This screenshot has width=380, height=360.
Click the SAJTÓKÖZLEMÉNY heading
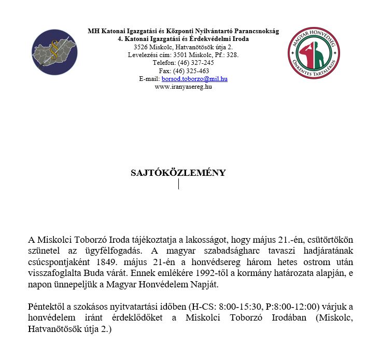[x=178, y=173]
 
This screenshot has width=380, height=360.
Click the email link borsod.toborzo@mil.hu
[x=194, y=79]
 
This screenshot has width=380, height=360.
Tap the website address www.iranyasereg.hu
[x=183, y=87]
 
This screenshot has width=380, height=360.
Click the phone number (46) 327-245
[x=196, y=63]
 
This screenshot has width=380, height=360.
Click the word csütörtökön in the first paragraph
[x=329, y=240]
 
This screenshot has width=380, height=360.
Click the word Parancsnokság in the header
[x=256, y=31]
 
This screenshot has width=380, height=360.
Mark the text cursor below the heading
[x=178, y=184]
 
